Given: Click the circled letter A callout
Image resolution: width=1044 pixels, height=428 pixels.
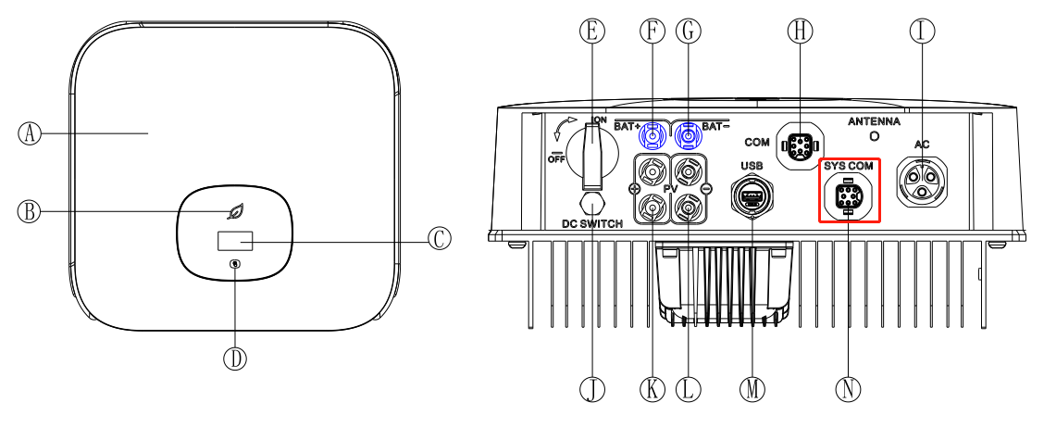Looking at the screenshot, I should tap(31, 133).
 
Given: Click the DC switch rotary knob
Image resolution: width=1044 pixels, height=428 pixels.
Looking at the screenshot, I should tap(591, 153).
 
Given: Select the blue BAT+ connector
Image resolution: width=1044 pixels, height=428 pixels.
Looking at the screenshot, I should tap(653, 136).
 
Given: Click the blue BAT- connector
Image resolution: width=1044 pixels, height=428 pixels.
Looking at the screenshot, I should tap(687, 136).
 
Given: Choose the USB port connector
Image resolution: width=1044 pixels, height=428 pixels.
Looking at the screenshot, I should tap(752, 196).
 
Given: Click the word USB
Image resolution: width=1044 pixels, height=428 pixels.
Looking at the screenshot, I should tap(752, 164).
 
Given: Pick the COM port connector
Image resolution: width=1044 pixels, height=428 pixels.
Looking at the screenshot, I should tap(798, 145).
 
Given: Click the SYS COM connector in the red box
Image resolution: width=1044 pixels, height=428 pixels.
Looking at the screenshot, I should tap(847, 196).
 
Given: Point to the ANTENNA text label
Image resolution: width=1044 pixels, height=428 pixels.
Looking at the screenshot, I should tap(875, 121).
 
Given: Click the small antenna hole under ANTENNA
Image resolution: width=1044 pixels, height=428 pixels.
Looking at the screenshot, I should tap(876, 136).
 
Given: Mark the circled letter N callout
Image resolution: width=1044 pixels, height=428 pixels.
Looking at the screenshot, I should tap(848, 389).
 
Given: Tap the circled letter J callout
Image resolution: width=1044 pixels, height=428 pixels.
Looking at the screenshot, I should tap(591, 389).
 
